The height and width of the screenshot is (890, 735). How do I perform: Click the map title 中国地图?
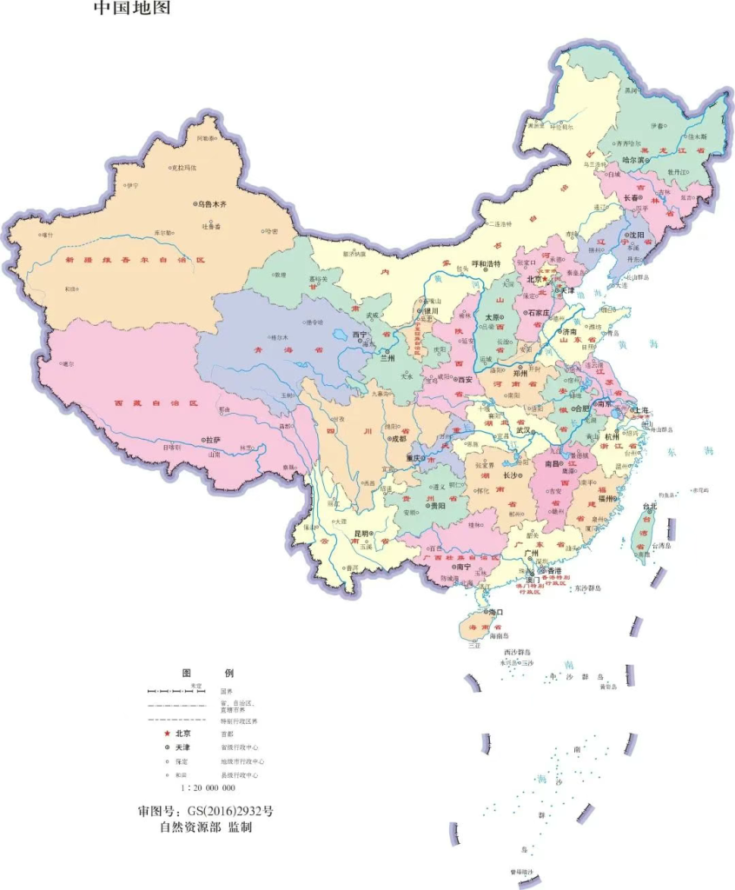click(x=132, y=9)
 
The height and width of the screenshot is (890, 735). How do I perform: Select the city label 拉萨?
click(x=214, y=441)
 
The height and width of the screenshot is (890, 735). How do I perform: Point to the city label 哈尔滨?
click(x=634, y=160)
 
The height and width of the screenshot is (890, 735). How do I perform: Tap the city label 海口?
click(x=496, y=612)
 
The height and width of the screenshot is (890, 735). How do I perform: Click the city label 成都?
click(x=398, y=440)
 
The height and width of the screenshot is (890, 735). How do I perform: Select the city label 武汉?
click(x=524, y=429)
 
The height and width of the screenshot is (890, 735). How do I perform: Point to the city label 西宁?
click(x=360, y=334)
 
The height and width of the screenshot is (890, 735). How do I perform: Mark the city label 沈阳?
click(x=637, y=235)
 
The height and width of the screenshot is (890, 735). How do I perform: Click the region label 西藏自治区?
click(x=157, y=404)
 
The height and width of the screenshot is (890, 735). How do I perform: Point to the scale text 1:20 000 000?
click(x=209, y=787)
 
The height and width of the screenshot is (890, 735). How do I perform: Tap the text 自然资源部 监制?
click(x=205, y=828)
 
